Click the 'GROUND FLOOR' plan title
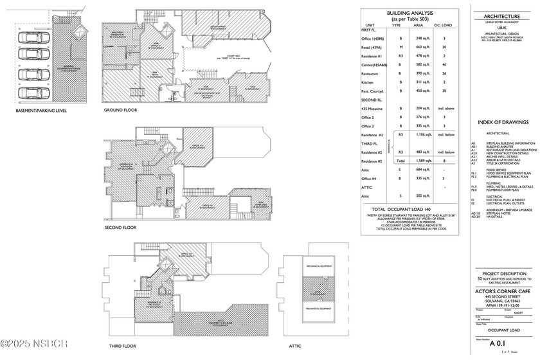point(121,111)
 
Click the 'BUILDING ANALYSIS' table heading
point(411,13)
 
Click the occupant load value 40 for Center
point(444,82)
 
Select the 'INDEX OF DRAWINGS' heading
point(502,122)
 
